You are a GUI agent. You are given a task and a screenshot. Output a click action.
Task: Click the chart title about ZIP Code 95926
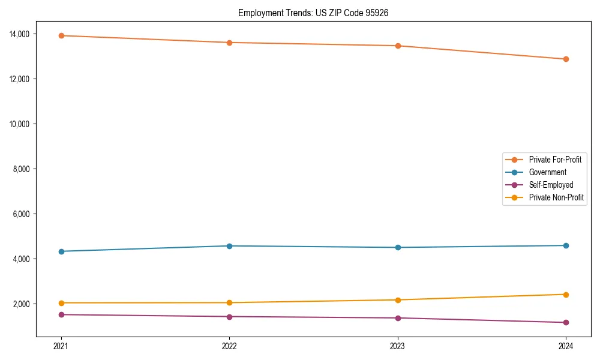pos(313,13)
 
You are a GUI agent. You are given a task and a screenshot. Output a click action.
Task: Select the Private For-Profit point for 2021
pos(61,35)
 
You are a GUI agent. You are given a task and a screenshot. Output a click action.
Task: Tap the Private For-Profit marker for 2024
pos(566,59)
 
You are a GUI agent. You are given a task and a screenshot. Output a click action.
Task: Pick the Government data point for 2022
pos(229,246)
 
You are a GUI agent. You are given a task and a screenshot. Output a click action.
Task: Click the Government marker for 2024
pos(566,245)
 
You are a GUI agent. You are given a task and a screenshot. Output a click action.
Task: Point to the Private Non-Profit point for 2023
pos(398,300)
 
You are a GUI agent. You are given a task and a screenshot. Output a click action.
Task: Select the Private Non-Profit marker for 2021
pos(61,303)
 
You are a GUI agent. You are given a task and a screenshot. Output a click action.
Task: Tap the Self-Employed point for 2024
pos(566,323)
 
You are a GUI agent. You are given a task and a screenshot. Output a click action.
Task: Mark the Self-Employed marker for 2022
pos(229,317)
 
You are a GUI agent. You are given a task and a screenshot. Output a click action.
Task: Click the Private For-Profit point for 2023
pos(398,46)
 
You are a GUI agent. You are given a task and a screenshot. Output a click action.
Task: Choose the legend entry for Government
pos(547,172)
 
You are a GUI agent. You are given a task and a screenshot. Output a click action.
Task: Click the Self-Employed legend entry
pos(551,185)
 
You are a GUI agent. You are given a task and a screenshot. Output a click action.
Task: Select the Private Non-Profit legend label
pos(556,197)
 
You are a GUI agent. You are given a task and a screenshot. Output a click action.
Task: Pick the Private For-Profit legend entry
pos(554,160)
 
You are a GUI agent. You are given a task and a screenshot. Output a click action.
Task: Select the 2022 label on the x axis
pos(229,346)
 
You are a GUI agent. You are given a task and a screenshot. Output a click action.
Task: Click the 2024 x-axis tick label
pos(566,346)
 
